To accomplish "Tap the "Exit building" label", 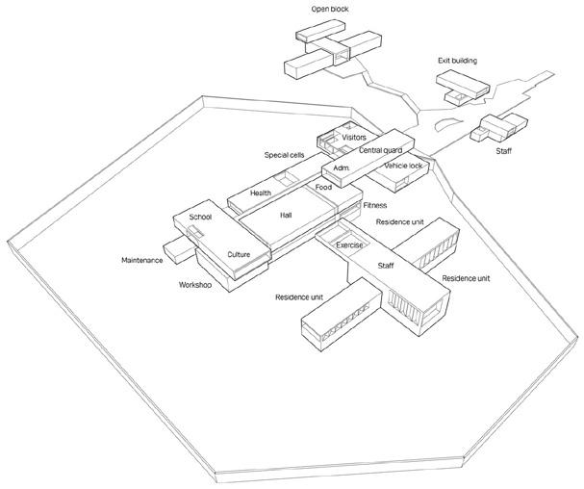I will tap(457, 61).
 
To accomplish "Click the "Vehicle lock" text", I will tap(402, 166).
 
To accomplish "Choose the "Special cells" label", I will tap(286, 155).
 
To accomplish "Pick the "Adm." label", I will tap(341, 168).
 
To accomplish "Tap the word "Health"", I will tap(261, 193).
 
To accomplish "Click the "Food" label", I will tap(324, 187).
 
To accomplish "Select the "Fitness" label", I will tap(375, 205).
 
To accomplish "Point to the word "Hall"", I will tap(286, 216).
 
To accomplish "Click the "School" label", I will tap(200, 218).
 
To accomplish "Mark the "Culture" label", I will tap(239, 254).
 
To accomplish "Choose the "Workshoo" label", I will tap(195, 285).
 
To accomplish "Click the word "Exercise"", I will tap(348, 245).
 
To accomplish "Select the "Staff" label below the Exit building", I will tap(503, 151).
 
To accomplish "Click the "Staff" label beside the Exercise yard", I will tap(386, 265).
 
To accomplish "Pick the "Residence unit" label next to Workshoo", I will tap(298, 297).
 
